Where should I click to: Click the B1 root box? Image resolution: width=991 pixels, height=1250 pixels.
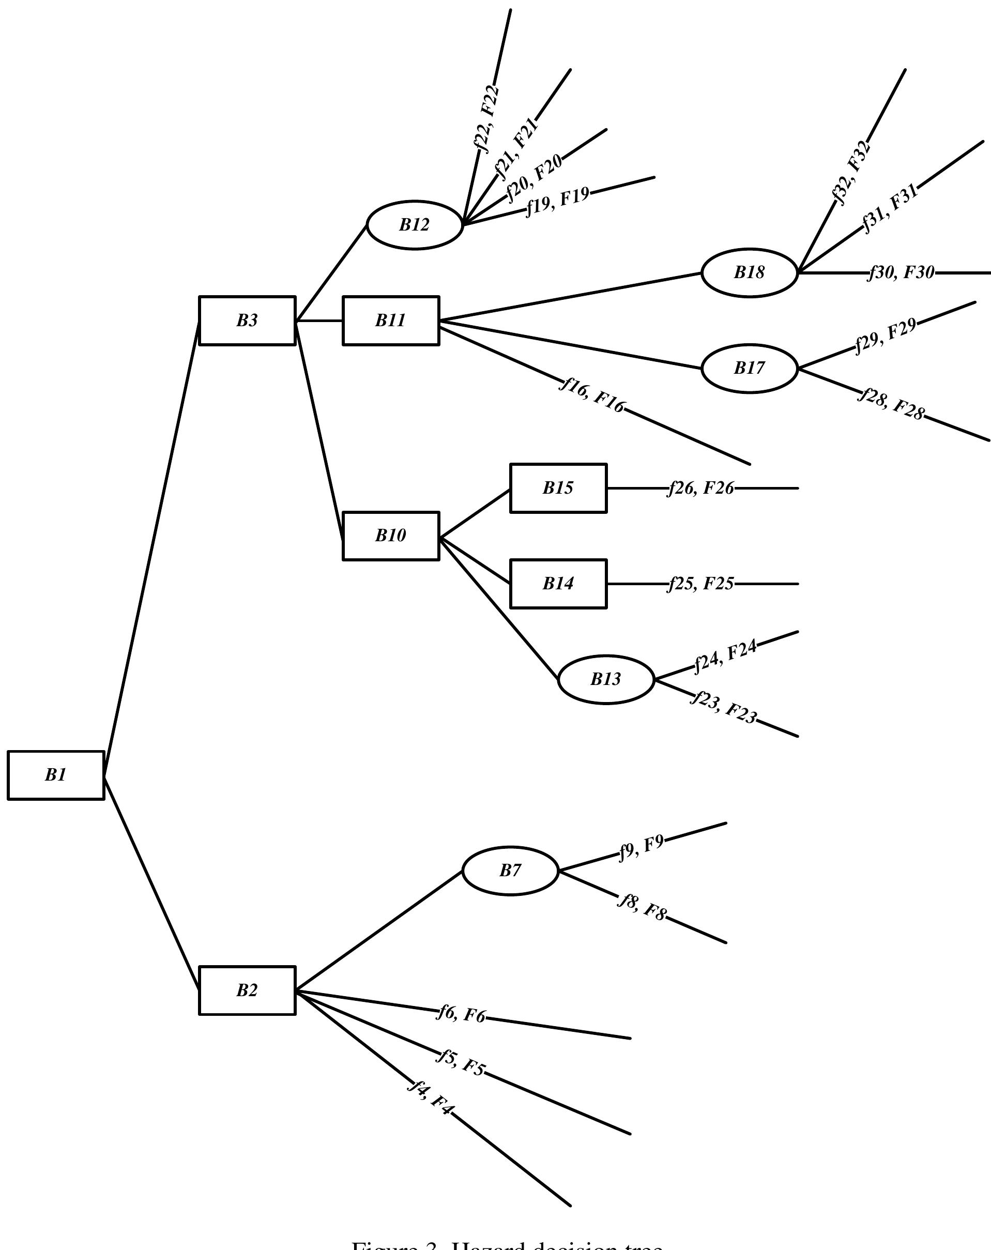56,775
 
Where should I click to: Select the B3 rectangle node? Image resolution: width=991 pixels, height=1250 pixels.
247,321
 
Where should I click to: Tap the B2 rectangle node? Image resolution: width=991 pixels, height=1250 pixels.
247,990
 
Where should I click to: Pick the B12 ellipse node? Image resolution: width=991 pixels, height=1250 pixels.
415,225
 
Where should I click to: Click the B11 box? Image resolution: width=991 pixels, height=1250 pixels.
391,321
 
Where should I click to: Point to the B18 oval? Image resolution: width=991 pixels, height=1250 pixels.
749,272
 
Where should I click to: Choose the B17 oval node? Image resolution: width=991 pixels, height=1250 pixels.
749,368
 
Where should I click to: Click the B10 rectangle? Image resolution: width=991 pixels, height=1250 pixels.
391,536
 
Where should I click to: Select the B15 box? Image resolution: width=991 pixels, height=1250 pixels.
558,488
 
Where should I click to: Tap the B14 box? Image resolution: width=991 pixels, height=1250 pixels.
558,583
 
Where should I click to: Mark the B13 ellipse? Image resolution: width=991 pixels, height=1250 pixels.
606,679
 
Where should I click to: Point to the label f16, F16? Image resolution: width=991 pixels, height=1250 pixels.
592,395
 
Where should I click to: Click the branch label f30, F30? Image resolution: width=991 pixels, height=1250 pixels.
901,272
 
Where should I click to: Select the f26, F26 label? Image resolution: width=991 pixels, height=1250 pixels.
700,488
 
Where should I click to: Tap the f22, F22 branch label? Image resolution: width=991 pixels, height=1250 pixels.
486,118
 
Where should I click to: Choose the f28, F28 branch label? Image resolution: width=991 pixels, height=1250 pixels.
891,404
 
